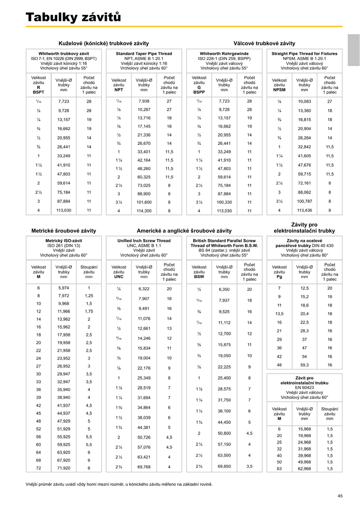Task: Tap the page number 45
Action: (x=340, y=496)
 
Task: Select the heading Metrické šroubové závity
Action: (x=64, y=231)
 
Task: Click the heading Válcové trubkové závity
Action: (x=264, y=44)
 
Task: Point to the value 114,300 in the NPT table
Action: (x=144, y=211)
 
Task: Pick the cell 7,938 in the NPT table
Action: (x=144, y=101)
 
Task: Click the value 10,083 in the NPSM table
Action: (x=304, y=101)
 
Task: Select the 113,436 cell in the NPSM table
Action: (x=304, y=210)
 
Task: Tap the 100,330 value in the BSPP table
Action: (x=224, y=202)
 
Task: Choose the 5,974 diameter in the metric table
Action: (x=64, y=288)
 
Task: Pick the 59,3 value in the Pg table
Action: (x=304, y=365)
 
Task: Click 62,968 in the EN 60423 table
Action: (x=304, y=468)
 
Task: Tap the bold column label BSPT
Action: (x=38, y=92)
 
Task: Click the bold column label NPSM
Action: (x=280, y=92)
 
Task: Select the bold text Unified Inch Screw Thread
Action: (x=144, y=241)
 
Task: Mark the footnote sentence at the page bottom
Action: (x=119, y=484)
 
